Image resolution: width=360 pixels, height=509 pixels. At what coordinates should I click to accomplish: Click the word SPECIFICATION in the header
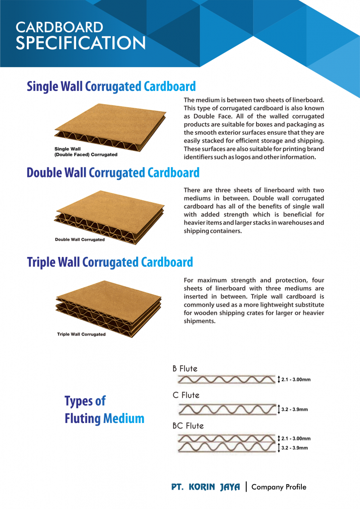click(x=81, y=42)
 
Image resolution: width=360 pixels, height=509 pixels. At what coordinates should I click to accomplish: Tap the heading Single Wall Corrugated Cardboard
click(x=111, y=86)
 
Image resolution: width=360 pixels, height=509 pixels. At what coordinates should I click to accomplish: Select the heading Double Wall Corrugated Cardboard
click(x=113, y=172)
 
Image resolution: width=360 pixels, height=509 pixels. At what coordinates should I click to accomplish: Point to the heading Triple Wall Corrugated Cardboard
click(x=110, y=261)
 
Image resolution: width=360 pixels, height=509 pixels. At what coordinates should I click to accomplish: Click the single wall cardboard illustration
click(x=110, y=127)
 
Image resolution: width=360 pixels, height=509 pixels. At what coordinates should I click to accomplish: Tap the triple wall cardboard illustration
click(x=110, y=303)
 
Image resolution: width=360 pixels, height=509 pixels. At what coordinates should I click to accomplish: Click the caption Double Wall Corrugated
click(x=80, y=240)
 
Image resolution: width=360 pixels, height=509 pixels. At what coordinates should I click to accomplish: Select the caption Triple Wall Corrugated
click(x=81, y=334)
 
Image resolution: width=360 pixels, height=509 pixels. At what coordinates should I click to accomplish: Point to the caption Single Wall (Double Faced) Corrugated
click(x=86, y=152)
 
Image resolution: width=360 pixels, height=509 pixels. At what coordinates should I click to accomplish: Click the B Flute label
click(x=185, y=369)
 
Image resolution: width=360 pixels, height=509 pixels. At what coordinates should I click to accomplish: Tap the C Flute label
click(x=186, y=396)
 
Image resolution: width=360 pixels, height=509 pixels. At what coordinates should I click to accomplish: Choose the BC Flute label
click(x=188, y=426)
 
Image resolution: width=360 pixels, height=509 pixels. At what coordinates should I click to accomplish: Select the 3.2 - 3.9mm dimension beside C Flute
click(x=294, y=410)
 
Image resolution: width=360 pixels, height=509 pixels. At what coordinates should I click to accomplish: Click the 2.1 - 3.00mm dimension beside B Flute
click(x=296, y=380)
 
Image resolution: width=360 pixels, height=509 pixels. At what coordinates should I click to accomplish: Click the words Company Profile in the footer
click(x=279, y=487)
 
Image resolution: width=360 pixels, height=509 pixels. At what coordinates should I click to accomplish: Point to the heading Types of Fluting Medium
click(x=104, y=410)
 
